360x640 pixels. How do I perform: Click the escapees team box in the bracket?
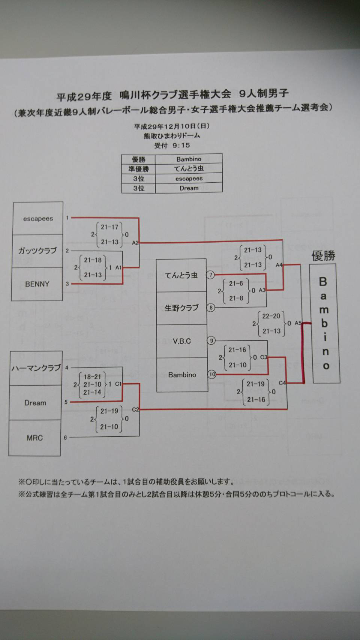pyautogui.click(x=38, y=219)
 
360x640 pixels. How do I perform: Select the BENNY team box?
pyautogui.click(x=37, y=284)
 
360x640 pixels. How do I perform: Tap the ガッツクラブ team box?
pyautogui.click(x=37, y=251)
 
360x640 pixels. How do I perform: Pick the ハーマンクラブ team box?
pyautogui.click(x=36, y=368)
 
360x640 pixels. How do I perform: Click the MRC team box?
pyautogui.click(x=34, y=438)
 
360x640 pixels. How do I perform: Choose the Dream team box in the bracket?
pyautogui.click(x=35, y=403)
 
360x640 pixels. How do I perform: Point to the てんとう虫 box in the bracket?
pyautogui.click(x=181, y=275)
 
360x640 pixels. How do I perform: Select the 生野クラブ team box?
pyautogui.click(x=181, y=308)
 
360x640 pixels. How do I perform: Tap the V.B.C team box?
pyautogui.click(x=182, y=341)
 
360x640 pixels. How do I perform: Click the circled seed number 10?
pyautogui.click(x=212, y=374)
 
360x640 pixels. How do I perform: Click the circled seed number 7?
pyautogui.click(x=211, y=275)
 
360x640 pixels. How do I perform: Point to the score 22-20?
pyautogui.click(x=271, y=316)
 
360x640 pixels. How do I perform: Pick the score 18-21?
pyautogui.click(x=92, y=377)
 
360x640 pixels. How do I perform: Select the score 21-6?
pyautogui.click(x=236, y=284)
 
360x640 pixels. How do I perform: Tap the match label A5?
pyautogui.click(x=298, y=323)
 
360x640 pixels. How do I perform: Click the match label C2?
pyautogui.click(x=135, y=409)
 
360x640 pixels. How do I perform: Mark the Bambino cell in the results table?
pyautogui.click(x=189, y=159)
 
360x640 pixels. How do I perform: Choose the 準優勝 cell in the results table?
pyautogui.click(x=139, y=169)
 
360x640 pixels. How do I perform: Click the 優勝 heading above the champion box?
pyautogui.click(x=323, y=256)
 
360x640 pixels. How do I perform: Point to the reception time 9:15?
pyautogui.click(x=181, y=146)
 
